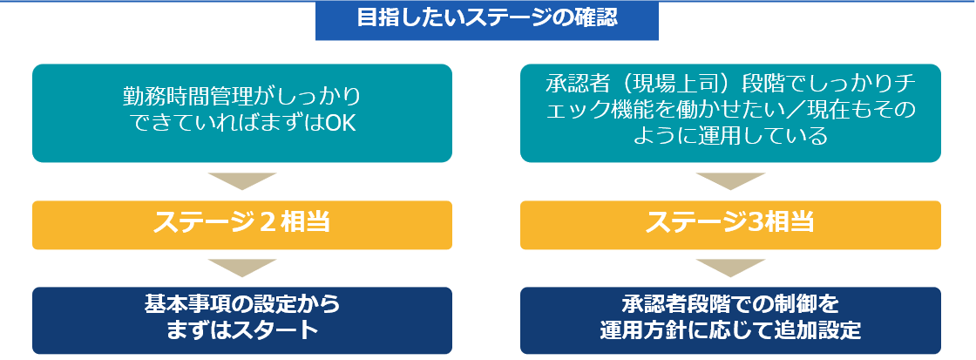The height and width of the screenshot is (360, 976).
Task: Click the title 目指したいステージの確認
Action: (x=487, y=18)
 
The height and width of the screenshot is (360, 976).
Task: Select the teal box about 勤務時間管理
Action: (x=242, y=113)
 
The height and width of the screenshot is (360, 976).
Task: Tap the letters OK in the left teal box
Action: (x=342, y=124)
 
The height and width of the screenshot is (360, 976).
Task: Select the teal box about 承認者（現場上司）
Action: (x=730, y=113)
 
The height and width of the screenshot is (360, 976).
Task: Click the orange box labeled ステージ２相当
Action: (x=242, y=224)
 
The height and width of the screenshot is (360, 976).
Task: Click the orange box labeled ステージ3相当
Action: (x=730, y=224)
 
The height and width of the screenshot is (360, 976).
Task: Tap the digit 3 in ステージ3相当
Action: (x=753, y=223)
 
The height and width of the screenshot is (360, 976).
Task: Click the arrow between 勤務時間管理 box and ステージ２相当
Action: (x=242, y=180)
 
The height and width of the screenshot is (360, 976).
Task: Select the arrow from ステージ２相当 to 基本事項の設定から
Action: (x=242, y=267)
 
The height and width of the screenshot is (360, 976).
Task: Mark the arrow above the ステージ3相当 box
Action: (x=730, y=180)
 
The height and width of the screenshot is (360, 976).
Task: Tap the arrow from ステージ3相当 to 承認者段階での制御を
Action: (x=730, y=267)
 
